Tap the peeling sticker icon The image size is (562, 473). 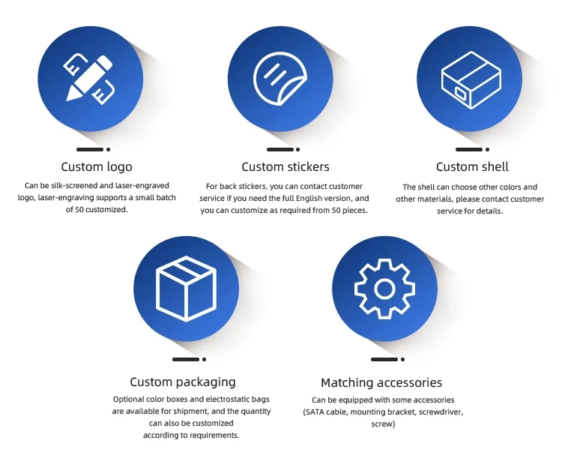[x=280, y=78]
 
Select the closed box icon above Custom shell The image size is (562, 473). [x=470, y=78]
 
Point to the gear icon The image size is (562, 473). [x=384, y=289]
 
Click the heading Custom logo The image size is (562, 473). [x=97, y=166]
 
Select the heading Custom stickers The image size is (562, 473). [x=285, y=166]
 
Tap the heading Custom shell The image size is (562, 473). [x=472, y=166]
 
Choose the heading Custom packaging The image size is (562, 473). [x=183, y=382]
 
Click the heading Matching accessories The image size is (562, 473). [x=381, y=382]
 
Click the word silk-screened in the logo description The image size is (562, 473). [x=80, y=185]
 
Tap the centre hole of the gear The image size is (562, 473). [x=384, y=289]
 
